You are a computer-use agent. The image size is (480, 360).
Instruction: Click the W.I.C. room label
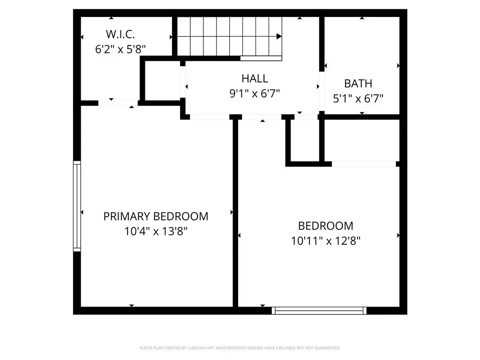(120, 34)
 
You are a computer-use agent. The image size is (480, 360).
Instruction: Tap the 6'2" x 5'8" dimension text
(120, 49)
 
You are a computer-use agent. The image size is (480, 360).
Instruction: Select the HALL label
(255, 79)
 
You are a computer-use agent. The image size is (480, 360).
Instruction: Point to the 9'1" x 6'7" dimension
(255, 93)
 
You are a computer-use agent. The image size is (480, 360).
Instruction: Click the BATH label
(358, 83)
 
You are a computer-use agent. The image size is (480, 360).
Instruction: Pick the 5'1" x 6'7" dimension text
(358, 98)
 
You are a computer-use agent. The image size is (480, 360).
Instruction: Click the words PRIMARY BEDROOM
(156, 217)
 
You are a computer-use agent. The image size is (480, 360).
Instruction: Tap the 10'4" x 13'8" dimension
(156, 231)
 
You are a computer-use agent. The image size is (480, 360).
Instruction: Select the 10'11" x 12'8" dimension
(326, 241)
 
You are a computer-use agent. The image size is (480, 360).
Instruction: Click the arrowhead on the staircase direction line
(279, 37)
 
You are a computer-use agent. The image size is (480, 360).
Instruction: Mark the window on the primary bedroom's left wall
(77, 206)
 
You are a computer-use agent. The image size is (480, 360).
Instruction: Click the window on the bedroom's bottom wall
(319, 310)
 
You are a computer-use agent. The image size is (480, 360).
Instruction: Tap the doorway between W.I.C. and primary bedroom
(118, 103)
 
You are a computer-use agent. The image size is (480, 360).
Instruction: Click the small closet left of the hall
(163, 81)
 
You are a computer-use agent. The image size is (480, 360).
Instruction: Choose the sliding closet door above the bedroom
(364, 164)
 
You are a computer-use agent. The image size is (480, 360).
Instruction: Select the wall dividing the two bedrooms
(235, 213)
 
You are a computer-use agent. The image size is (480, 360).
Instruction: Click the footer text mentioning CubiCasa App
(240, 348)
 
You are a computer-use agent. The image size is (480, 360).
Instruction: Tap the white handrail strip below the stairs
(261, 59)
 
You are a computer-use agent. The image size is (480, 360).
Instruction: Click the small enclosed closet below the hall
(305, 140)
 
